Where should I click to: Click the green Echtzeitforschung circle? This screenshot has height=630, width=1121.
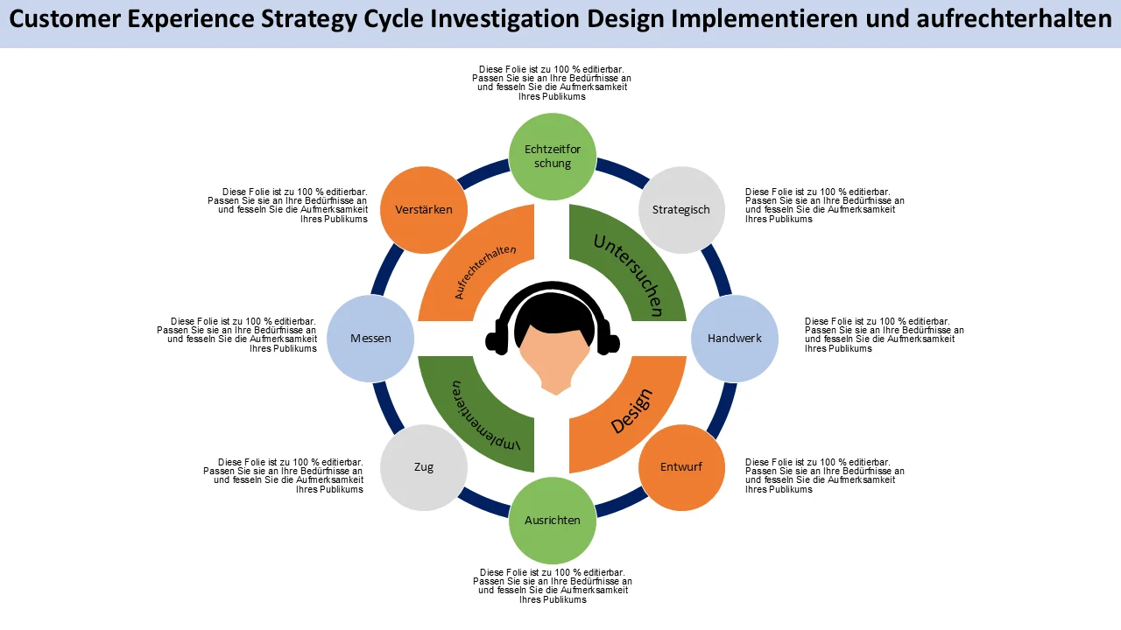pos(553,157)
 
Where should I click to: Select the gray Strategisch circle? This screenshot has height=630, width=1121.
pos(681,210)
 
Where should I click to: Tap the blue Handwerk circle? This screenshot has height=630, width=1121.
pos(735,339)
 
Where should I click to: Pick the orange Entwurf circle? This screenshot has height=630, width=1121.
pos(681,467)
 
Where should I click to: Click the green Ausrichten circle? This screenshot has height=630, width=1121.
pos(553,521)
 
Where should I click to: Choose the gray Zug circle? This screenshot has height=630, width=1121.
pos(424,467)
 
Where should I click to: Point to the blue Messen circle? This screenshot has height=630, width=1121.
pos(370,339)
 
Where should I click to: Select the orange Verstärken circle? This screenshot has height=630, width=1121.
pos(424,210)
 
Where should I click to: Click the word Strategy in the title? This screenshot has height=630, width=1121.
pos(309,20)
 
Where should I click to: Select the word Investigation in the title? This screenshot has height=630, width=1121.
pos(505,20)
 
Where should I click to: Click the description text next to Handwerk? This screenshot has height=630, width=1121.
pos(885,334)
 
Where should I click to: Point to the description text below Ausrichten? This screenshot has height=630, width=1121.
pos(553,586)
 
